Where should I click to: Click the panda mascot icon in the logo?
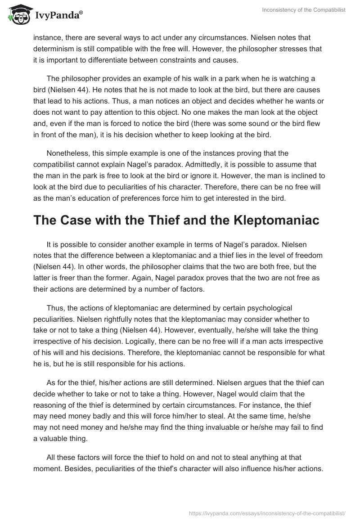(17, 15)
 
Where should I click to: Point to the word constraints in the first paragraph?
(223, 60)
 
